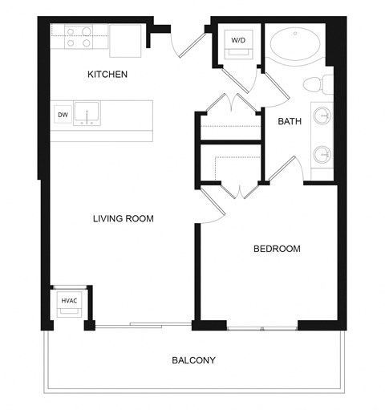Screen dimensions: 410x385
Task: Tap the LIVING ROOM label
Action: (123, 218)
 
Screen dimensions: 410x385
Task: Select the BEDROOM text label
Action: (277, 249)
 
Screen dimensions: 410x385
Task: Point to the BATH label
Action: (290, 122)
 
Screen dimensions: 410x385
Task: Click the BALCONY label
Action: (194, 360)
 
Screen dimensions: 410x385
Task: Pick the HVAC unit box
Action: (67, 302)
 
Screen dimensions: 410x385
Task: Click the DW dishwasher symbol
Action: (63, 115)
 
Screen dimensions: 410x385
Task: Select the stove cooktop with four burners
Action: (79, 38)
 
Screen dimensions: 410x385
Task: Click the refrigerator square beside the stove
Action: (125, 40)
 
